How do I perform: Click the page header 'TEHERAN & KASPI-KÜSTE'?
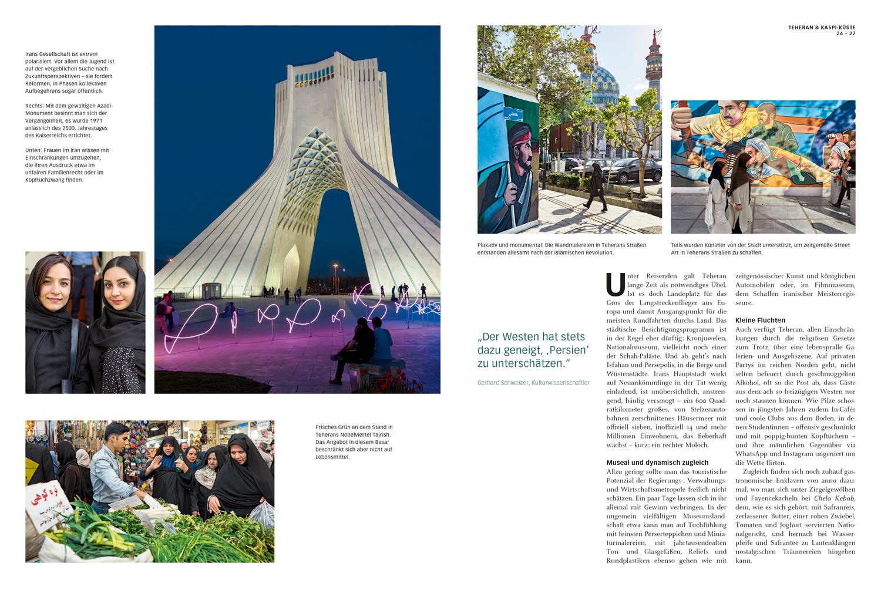[x=821, y=27]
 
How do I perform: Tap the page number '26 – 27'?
[x=846, y=33]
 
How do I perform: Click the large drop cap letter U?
[x=615, y=284]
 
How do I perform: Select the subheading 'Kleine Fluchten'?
[x=760, y=321]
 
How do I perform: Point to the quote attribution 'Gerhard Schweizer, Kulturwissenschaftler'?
[x=533, y=383]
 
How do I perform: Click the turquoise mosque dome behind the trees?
[x=606, y=82]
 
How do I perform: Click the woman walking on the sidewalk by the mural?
[x=596, y=187]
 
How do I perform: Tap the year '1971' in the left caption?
[x=96, y=120]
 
